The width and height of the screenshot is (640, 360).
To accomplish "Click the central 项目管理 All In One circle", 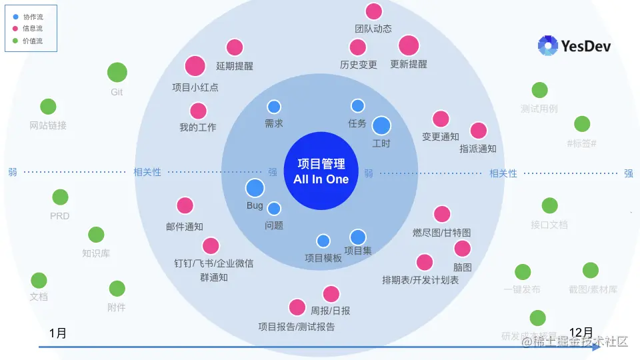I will (x=321, y=171).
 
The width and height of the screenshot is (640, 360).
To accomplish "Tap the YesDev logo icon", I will (x=548, y=45).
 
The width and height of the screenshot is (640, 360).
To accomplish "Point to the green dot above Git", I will (x=117, y=72).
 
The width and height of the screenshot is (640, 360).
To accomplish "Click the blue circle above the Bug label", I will (x=255, y=189).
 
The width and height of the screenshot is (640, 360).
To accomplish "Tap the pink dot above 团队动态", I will (x=374, y=11).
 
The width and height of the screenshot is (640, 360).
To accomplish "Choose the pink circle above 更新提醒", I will (x=409, y=45).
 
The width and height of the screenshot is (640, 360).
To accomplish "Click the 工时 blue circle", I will (x=381, y=125).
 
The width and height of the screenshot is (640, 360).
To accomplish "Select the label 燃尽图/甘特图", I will (x=442, y=233).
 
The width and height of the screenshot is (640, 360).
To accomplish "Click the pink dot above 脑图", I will (x=463, y=249).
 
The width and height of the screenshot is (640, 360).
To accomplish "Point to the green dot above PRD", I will (x=60, y=197).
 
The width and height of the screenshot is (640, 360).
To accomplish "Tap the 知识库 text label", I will (x=96, y=253).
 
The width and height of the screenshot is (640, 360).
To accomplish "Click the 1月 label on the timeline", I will (x=58, y=333).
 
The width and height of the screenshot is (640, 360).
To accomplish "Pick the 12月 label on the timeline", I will (x=581, y=332).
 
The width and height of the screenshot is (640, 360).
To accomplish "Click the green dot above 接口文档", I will (x=549, y=206).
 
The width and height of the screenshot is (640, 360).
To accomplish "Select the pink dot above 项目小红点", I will (x=195, y=66).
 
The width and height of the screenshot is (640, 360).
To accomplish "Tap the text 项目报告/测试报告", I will (x=297, y=327).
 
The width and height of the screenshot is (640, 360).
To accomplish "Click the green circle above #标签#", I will (x=582, y=124).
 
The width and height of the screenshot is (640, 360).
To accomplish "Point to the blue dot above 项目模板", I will (x=323, y=241).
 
